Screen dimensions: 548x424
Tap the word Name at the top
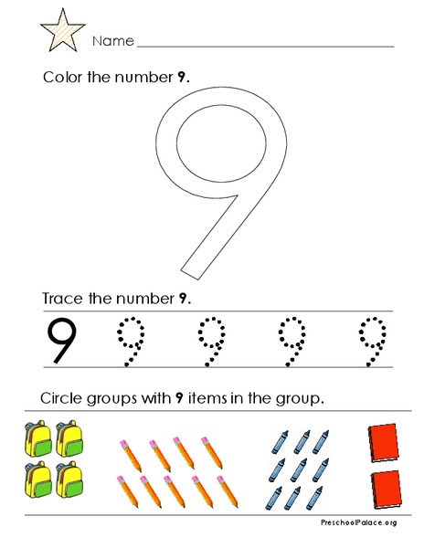click(113, 42)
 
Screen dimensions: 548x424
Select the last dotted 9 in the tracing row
click(369, 340)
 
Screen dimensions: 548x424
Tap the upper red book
click(382, 442)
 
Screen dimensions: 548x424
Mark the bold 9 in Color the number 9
click(183, 77)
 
